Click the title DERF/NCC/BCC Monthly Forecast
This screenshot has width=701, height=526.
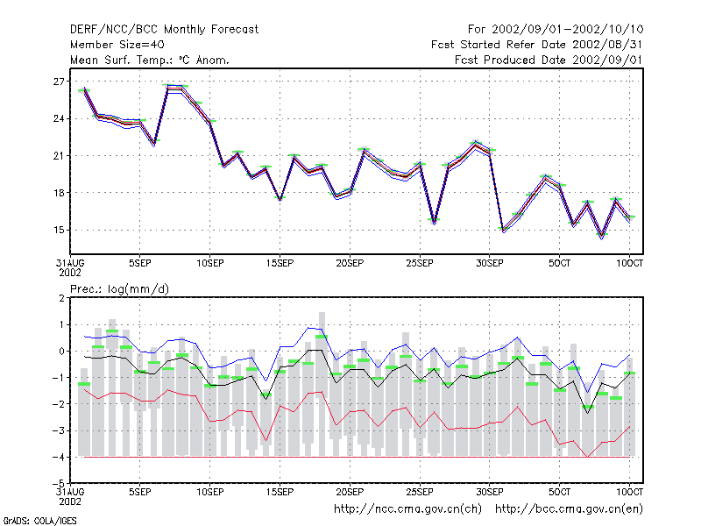tap(164, 30)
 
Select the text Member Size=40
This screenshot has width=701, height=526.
tap(117, 45)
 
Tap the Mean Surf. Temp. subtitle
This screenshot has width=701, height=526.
tap(150, 60)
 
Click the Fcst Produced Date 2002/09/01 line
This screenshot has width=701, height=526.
tap(549, 60)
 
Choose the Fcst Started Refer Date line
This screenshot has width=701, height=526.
tap(536, 45)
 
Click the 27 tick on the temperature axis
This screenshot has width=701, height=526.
tap(59, 82)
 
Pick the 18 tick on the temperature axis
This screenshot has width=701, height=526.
tap(59, 193)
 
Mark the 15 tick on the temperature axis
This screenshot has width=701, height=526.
tap(59, 230)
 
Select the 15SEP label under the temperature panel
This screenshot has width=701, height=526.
tap(280, 263)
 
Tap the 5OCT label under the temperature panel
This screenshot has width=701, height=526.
tap(559, 263)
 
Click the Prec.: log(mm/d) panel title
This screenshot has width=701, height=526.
tap(119, 289)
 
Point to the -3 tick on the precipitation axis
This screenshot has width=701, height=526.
tap(59, 430)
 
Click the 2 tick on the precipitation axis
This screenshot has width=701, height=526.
tap(61, 298)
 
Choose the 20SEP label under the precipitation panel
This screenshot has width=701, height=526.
tap(350, 492)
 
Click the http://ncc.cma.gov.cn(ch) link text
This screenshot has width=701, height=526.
tap(407, 509)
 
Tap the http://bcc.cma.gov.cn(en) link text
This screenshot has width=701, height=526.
tap(569, 509)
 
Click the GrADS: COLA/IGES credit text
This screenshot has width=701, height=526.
tap(39, 521)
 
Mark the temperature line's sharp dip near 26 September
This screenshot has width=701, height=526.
tap(434, 222)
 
